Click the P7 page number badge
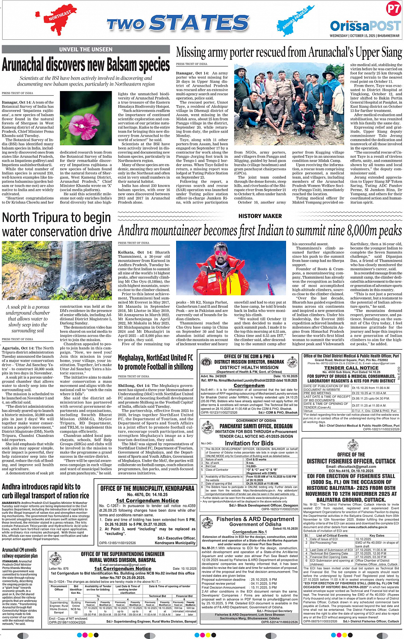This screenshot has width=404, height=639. [393, 9]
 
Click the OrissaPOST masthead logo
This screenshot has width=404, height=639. [365, 26]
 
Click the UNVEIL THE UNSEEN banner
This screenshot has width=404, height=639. [86, 50]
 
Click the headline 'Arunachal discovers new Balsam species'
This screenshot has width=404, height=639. [86, 65]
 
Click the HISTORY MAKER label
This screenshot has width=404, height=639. [260, 216]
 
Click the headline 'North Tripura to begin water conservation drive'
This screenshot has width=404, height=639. [57, 224]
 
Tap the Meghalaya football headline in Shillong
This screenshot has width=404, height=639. [156, 362]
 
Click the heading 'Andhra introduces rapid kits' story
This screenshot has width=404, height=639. [46, 491]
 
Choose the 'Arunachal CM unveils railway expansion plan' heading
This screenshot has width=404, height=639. [20, 553]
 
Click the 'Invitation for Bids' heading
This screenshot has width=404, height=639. [249, 443]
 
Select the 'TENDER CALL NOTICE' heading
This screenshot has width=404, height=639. [351, 368]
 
